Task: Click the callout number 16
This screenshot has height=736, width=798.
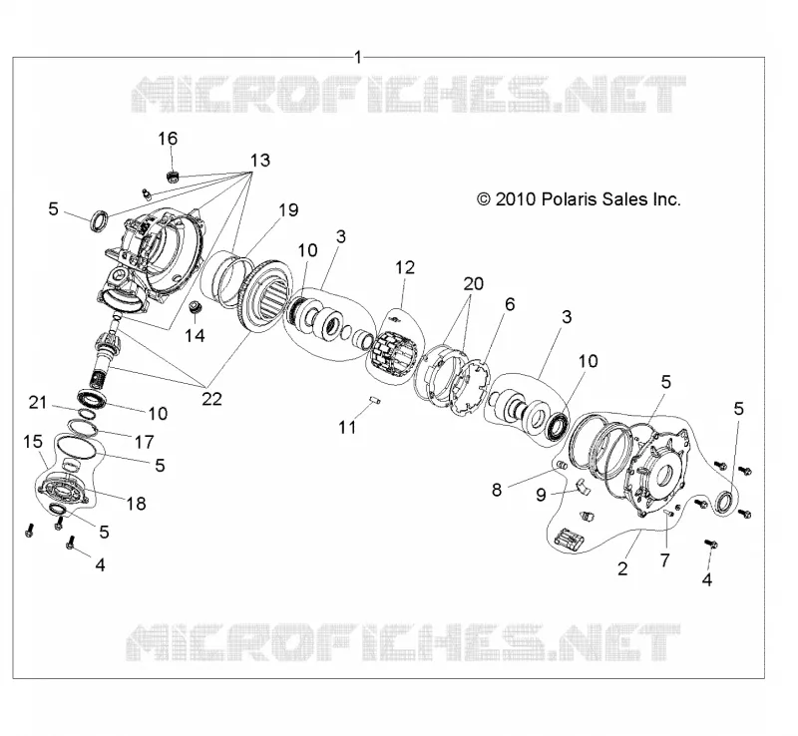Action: coord(168,139)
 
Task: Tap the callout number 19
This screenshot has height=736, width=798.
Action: coord(288,209)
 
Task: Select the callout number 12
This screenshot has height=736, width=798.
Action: coord(405,267)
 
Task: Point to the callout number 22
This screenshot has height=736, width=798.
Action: coord(211,399)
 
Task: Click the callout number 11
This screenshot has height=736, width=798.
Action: coord(347,427)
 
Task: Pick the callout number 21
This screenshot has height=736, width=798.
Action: coord(38,403)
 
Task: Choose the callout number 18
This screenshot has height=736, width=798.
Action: coord(136,504)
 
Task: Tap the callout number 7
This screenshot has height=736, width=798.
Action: coord(665,560)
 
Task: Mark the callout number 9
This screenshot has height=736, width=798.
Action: coord(541,495)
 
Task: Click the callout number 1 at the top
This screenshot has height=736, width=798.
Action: coord(358,57)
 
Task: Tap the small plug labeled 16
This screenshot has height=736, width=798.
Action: coord(174,177)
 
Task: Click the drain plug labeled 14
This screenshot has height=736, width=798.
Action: coord(195,308)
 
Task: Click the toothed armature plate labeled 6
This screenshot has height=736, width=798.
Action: coord(469,388)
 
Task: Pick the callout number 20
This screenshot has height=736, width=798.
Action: coord(473,283)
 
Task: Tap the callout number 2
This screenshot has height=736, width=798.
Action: coord(622,568)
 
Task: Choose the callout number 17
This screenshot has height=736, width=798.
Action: coord(144,441)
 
